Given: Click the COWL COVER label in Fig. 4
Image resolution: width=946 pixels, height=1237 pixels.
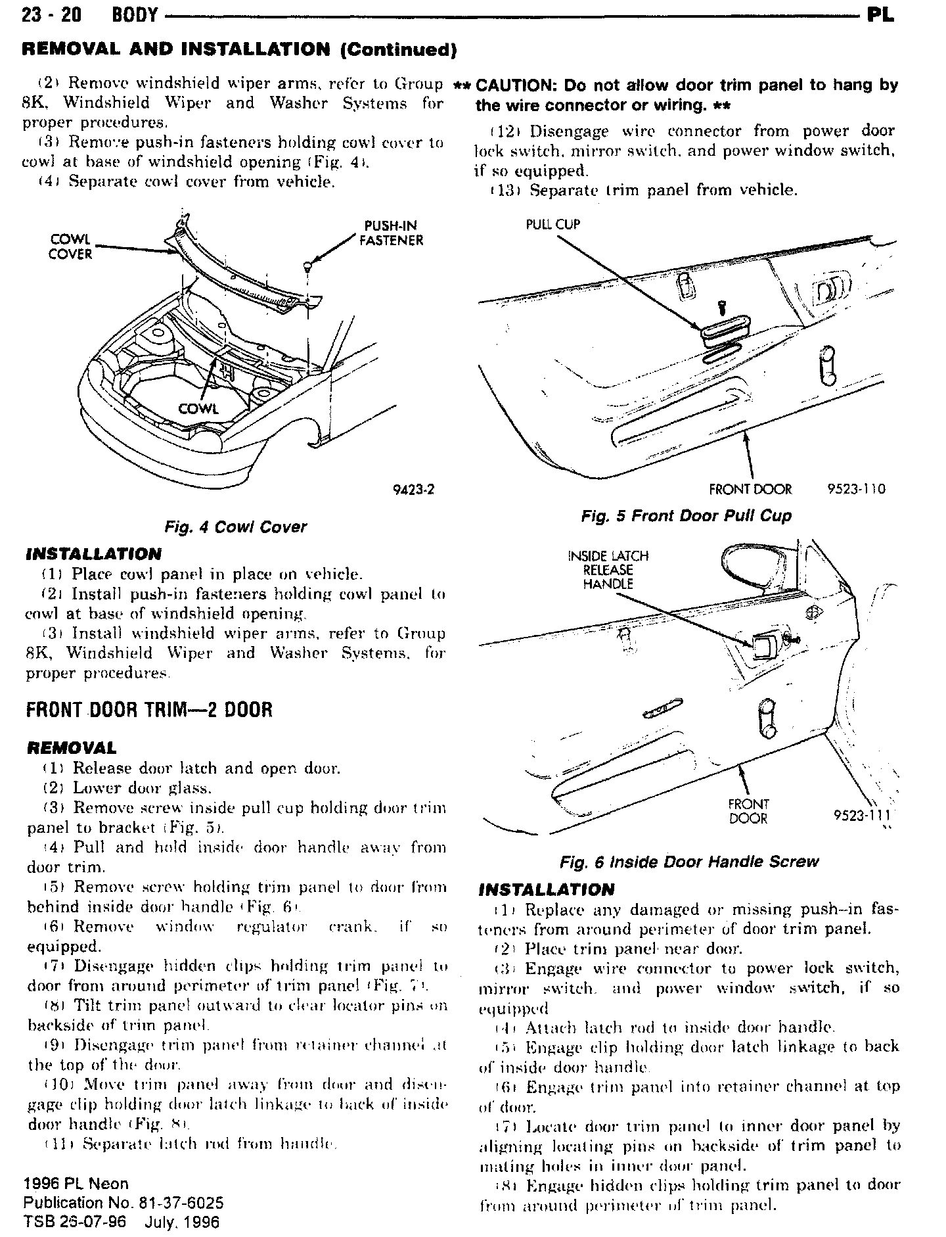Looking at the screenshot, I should pyautogui.click(x=70, y=246).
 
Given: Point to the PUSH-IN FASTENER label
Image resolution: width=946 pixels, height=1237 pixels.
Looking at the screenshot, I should pyautogui.click(x=391, y=233).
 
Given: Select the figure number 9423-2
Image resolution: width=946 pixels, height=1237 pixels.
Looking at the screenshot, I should pyautogui.click(x=414, y=490).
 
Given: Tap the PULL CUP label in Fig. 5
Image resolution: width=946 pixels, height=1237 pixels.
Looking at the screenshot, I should pyautogui.click(x=552, y=224).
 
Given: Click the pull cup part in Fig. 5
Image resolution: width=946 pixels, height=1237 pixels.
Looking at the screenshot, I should pyautogui.click(x=721, y=335).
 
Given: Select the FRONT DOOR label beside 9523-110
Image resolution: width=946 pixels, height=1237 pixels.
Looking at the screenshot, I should pyautogui.click(x=750, y=490).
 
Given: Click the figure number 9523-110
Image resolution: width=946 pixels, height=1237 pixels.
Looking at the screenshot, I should pyautogui.click(x=856, y=490).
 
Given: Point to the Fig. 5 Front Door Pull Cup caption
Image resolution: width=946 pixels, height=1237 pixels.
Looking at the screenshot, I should pyautogui.click(x=687, y=516).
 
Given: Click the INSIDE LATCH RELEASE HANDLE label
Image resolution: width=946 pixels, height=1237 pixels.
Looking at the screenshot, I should pyautogui.click(x=608, y=570).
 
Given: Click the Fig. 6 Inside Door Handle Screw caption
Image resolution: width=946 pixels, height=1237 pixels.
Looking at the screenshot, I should pyautogui.click(x=689, y=861).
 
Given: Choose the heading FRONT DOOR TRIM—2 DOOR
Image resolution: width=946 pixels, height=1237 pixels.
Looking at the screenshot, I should pyautogui.click(x=149, y=711).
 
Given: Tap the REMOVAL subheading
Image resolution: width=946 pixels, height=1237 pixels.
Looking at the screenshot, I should pyautogui.click(x=71, y=748).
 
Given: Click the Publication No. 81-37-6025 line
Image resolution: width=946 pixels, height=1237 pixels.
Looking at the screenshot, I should pyautogui.click(x=124, y=1203).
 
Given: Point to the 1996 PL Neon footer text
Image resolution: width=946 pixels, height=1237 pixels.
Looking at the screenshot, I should pyautogui.click(x=76, y=1184).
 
